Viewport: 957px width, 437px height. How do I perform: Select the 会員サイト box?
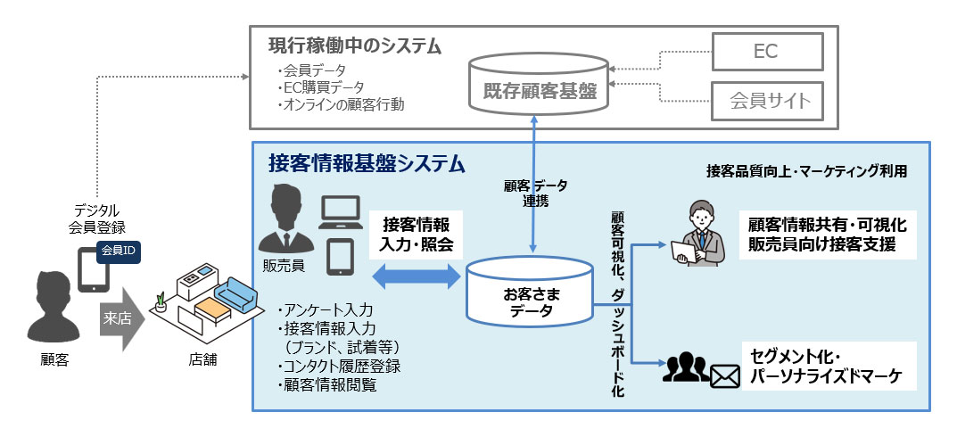click(x=765, y=100)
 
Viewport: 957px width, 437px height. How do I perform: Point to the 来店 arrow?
click(x=120, y=317)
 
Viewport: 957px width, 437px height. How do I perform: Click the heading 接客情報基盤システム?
click(x=367, y=163)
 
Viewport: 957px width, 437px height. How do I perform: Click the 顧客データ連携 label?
click(x=535, y=193)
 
